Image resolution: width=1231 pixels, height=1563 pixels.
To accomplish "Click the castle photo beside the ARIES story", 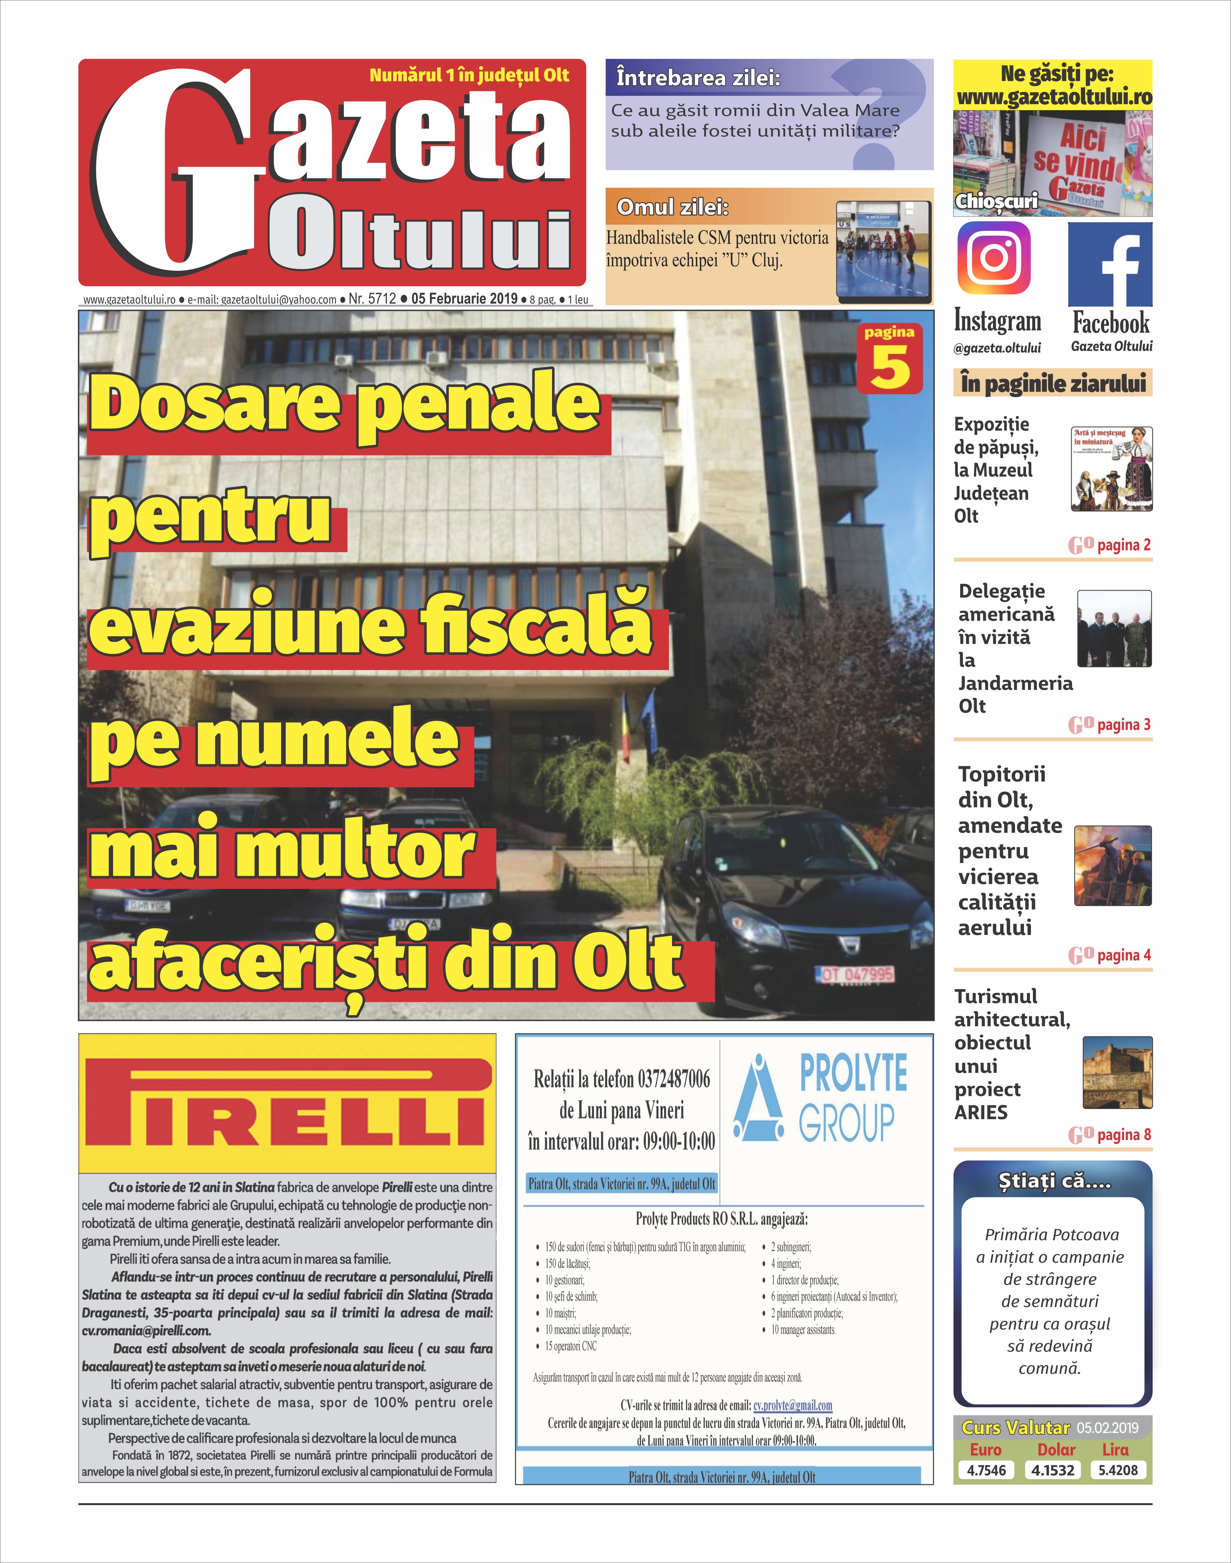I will click(x=1117, y=1072).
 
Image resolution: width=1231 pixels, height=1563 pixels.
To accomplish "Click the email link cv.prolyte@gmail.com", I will click(x=792, y=1405).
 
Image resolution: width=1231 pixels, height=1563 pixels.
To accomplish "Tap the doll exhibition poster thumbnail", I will click(x=1111, y=469).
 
